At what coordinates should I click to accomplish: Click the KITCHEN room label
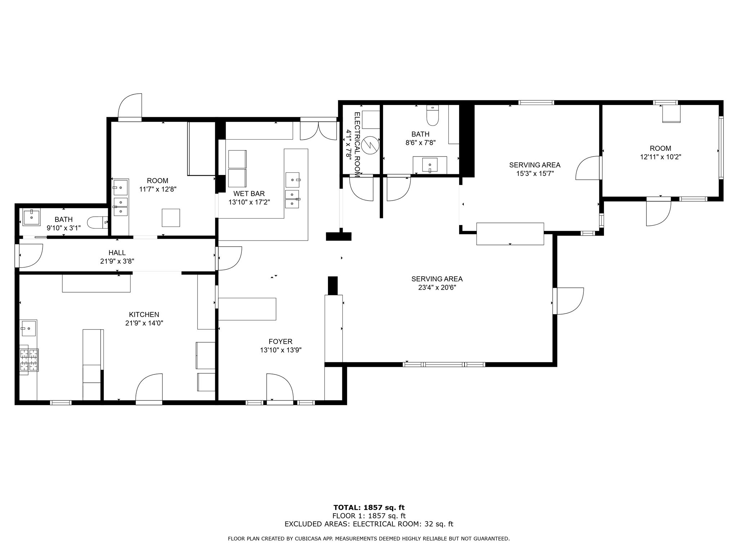tap(144, 315)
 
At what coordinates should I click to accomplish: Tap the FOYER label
tap(280, 342)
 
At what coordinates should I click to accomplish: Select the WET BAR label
tap(249, 194)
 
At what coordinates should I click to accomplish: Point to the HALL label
tap(117, 253)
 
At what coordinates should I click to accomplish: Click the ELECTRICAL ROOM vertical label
tap(357, 144)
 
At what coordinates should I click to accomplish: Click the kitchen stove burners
tap(29, 360)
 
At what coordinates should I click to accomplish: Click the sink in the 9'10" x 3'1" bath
tap(32, 217)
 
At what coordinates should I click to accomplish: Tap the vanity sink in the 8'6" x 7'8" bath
tap(430, 165)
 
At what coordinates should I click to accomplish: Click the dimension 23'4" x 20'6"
tap(437, 287)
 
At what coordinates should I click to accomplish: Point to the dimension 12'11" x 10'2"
tap(661, 157)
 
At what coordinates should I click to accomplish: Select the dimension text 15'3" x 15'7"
tap(534, 173)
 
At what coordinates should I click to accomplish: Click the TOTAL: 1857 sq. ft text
tap(369, 508)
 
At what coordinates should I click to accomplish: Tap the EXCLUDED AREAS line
tap(369, 524)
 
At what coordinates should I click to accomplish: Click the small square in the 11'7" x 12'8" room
tap(171, 218)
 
